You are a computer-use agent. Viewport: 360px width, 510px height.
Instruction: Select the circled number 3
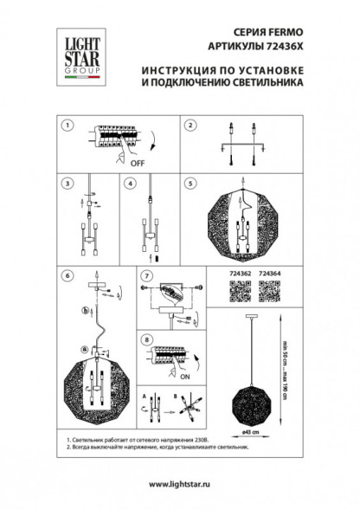(65, 184)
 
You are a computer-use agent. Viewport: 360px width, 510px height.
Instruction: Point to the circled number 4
(127, 184)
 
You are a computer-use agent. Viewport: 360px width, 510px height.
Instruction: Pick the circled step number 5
(189, 184)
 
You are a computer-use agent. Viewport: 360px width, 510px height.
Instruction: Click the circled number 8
(146, 339)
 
